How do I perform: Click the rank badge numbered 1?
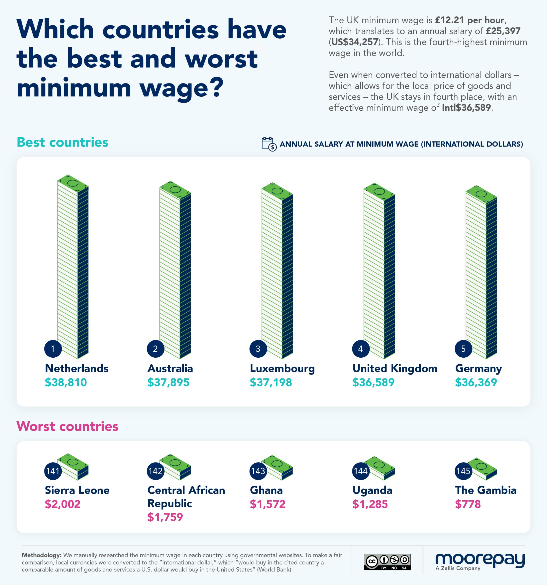tap(53, 349)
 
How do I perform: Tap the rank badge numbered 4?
tap(361, 349)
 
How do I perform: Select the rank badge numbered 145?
tap(463, 471)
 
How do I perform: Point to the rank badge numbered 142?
tap(155, 471)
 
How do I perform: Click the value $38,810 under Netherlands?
tap(66, 382)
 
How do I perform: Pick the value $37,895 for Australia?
tap(168, 382)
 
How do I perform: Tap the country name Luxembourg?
tap(282, 368)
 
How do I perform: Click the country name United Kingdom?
tap(395, 368)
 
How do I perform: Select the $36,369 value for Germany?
tap(476, 382)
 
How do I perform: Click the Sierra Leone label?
tap(77, 490)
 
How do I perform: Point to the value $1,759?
tap(165, 517)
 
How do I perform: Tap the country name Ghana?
tap(266, 490)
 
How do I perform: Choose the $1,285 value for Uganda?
tap(370, 504)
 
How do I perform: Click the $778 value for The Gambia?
tap(468, 504)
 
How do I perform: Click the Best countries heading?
tap(63, 142)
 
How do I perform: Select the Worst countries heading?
tap(67, 426)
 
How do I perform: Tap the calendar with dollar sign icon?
tap(269, 144)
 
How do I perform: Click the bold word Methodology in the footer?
tap(42, 555)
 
